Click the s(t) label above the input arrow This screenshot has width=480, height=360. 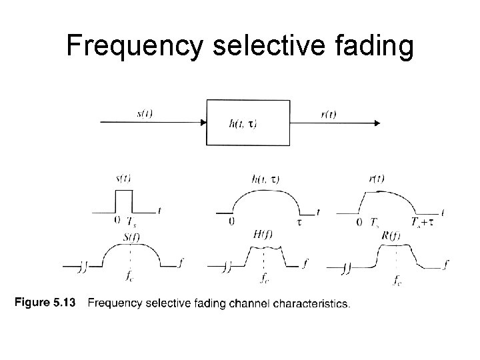pos(145,113)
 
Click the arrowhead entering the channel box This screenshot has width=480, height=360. pos(202,123)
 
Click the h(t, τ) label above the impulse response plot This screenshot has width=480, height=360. pos(266,179)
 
